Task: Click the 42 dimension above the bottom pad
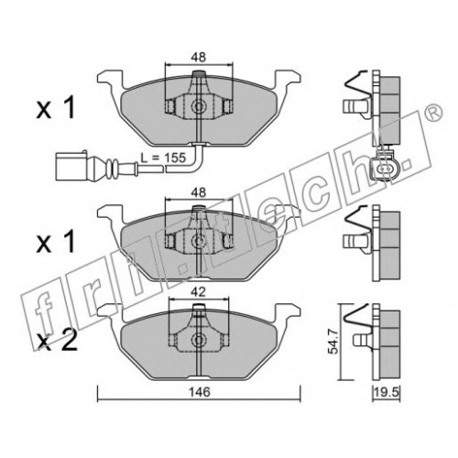199,292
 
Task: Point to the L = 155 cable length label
163,158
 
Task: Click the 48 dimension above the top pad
199,58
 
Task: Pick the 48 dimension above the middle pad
199,192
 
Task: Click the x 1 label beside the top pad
55,109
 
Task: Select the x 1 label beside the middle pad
55,241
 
